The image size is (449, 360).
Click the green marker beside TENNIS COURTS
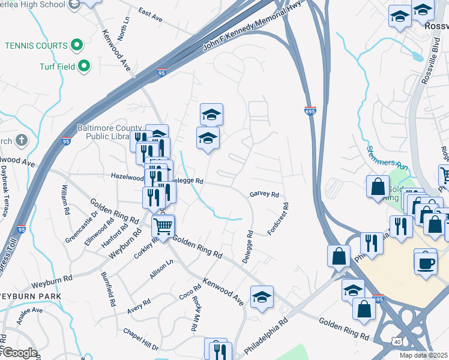[x=77, y=44]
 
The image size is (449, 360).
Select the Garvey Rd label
[x=265, y=194]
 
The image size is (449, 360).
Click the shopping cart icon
[x=163, y=226]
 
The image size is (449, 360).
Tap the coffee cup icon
[x=425, y=262]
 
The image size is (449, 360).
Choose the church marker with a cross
[x=22, y=141]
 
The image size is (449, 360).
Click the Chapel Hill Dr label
[x=140, y=340]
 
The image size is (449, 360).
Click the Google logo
[x=19, y=353]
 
